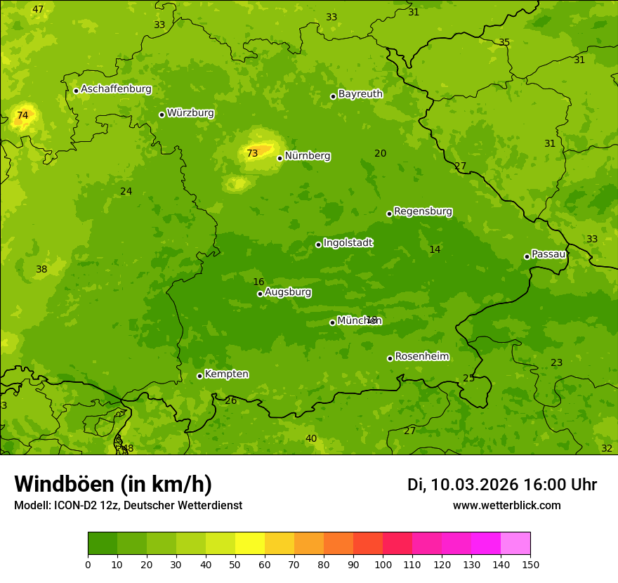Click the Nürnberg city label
[x=308, y=156]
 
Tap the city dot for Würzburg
[x=162, y=114]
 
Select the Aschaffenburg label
[x=116, y=89]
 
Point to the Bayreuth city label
[x=360, y=93]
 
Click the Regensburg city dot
[x=389, y=214]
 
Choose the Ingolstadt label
[x=348, y=243]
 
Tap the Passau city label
[x=548, y=254]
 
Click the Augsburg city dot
[x=260, y=294]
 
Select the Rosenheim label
[x=421, y=357]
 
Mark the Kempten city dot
[x=199, y=376]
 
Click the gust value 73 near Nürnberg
[x=252, y=153]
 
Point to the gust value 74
[x=22, y=115]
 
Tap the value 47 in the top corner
[x=38, y=9]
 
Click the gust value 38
[x=41, y=269]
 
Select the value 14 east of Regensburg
[x=435, y=249]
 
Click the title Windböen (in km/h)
[x=113, y=484]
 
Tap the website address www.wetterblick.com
[x=506, y=505]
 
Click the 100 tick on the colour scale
[x=383, y=563]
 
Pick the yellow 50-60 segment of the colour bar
[x=250, y=544]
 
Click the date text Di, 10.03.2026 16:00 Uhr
[x=501, y=485]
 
